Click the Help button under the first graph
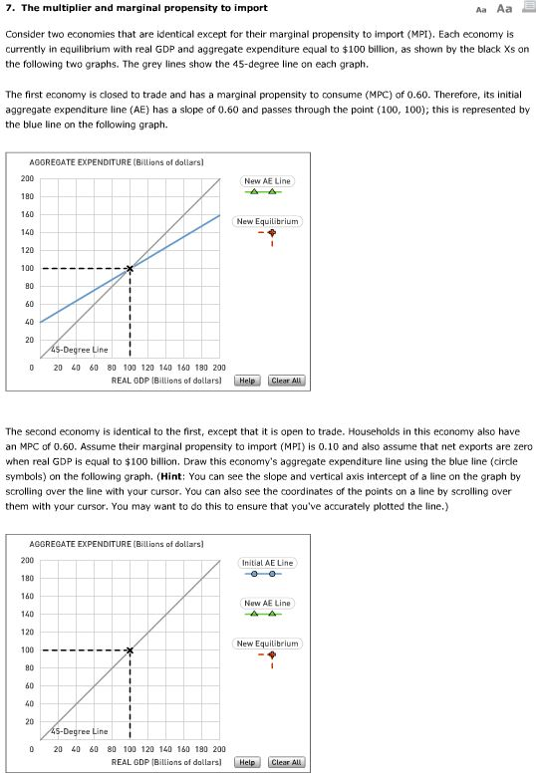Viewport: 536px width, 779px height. (248, 381)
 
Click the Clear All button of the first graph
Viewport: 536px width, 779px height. (286, 381)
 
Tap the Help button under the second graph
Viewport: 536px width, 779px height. (248, 762)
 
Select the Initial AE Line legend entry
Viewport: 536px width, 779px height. (267, 563)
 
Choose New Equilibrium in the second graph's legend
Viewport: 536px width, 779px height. (267, 644)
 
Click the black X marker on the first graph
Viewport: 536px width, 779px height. (130, 269)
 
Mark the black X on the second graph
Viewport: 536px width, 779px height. (130, 650)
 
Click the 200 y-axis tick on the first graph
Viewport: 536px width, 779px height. (26, 178)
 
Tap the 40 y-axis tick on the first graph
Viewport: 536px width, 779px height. (28, 322)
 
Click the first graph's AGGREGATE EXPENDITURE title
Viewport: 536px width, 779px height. (117, 161)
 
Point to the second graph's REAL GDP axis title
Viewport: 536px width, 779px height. (166, 761)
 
